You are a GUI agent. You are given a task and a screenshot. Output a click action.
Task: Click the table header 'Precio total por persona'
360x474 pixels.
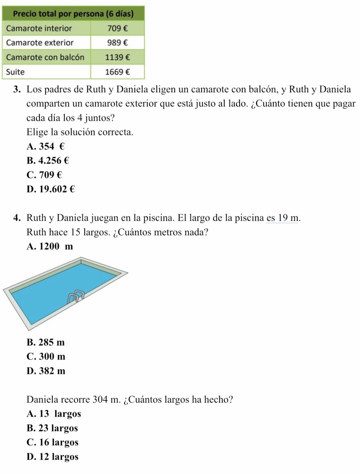tap(74, 13)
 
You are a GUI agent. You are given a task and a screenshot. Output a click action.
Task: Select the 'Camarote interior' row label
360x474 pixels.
tap(39, 28)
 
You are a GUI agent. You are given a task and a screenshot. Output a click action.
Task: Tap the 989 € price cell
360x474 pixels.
tap(117, 43)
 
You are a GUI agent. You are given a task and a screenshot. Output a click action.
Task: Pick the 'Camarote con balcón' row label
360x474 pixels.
tap(45, 57)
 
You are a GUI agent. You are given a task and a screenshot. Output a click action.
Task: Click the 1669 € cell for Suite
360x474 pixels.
tap(117, 72)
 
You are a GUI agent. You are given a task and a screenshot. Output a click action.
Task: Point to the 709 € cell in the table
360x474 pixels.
tap(117, 28)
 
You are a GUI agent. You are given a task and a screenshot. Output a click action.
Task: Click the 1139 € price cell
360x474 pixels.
tap(117, 57)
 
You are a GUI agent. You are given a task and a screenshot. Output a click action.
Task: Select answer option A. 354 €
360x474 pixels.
tap(45, 146)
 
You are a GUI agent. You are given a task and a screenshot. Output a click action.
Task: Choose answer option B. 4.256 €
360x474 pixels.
tap(48, 161)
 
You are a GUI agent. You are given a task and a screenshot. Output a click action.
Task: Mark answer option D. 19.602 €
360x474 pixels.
tap(51, 189)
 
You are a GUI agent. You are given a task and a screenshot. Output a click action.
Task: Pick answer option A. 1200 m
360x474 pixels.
tap(50, 246)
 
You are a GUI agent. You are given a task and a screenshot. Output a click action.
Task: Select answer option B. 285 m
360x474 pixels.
tap(46, 342)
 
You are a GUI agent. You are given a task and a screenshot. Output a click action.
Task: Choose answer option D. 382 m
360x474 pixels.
tap(46, 371)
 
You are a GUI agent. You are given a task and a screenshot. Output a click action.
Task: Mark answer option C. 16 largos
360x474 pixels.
tap(53, 442)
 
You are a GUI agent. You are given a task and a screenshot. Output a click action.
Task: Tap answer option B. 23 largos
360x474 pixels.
tap(52, 428)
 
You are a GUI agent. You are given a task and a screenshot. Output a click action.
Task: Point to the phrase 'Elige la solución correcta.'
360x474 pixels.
tap(80, 132)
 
